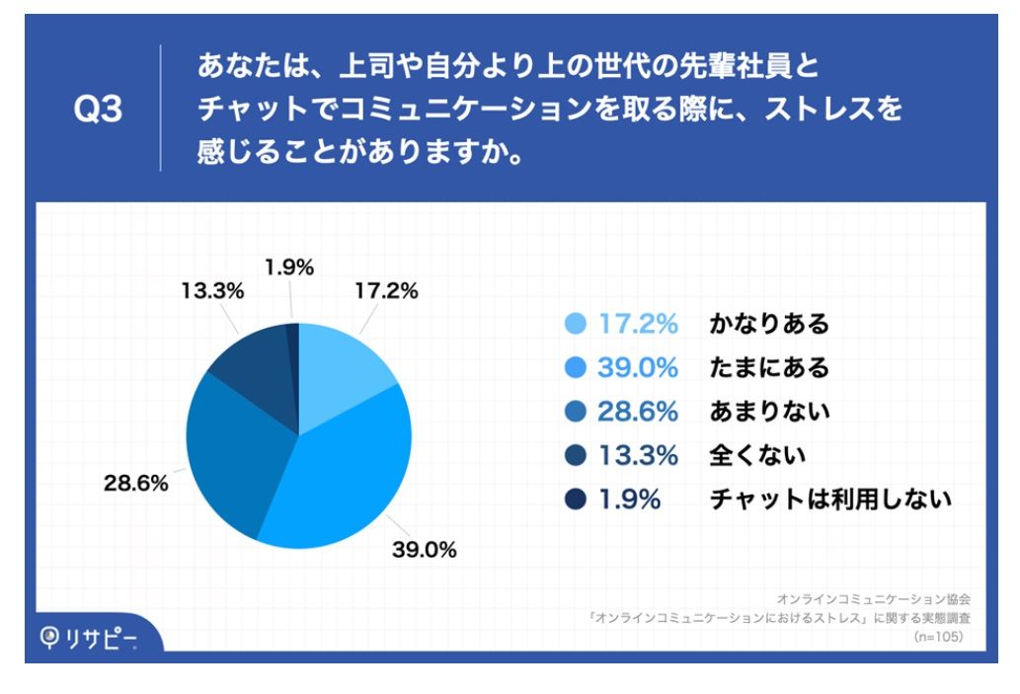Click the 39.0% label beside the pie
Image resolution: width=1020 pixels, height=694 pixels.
[426, 550]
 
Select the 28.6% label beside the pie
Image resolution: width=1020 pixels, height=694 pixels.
[137, 485]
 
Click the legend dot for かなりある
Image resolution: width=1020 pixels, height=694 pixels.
[576, 324]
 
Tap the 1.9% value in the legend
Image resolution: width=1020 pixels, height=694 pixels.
[628, 499]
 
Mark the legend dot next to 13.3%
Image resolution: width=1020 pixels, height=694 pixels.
[576, 455]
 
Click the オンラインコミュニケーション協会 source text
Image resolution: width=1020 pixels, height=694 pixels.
[874, 598]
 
